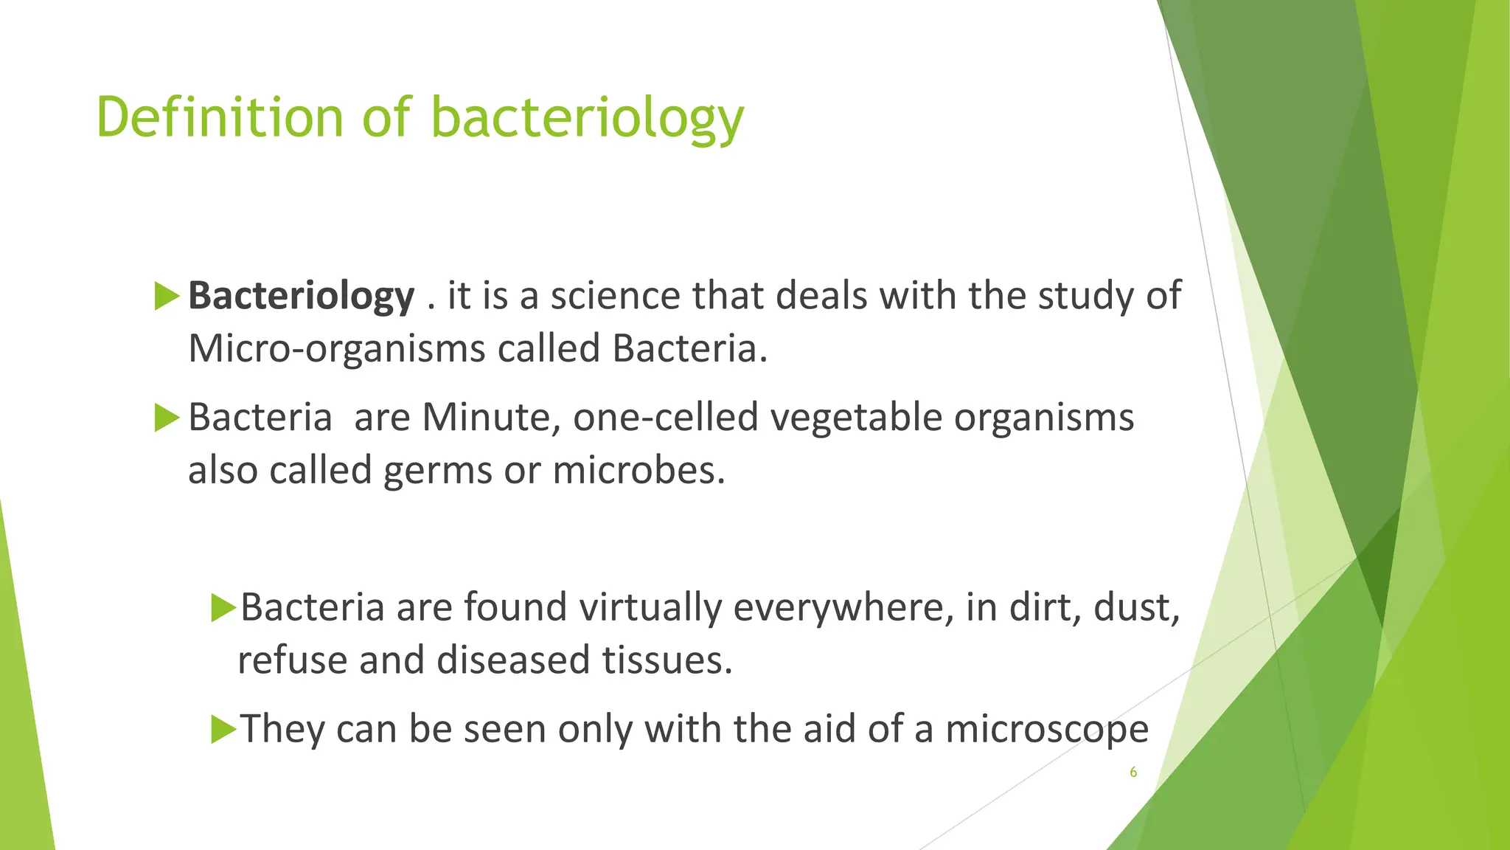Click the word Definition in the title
coord(220,117)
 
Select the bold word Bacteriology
coord(301,297)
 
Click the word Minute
coord(486,418)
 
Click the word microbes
coord(639,471)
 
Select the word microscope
coord(1046,730)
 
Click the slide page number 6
coord(1133,773)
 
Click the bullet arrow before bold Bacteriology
coord(167,297)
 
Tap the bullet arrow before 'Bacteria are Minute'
coord(167,418)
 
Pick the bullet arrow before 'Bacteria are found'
coord(223,608)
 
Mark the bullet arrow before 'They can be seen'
coord(223,730)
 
